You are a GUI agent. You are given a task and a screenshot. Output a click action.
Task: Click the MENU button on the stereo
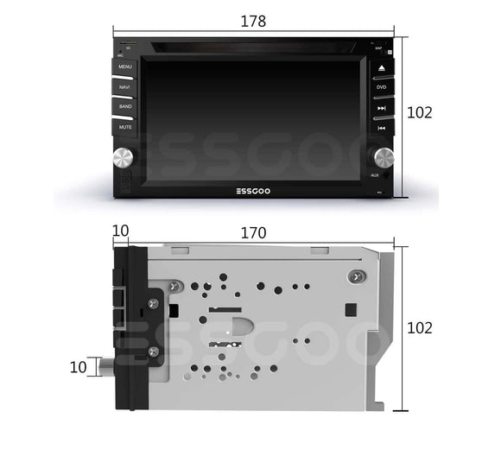click(125, 66)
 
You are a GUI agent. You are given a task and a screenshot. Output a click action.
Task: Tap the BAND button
click(125, 106)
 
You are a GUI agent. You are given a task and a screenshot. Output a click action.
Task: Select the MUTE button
click(125, 127)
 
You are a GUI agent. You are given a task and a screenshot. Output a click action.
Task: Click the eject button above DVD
click(381, 67)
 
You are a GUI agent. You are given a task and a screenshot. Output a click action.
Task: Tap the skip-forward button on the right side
click(381, 108)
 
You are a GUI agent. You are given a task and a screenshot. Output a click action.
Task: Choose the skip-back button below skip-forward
click(381, 128)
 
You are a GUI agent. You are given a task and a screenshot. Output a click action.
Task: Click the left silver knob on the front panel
click(124, 157)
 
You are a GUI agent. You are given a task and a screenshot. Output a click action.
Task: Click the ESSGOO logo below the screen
click(254, 192)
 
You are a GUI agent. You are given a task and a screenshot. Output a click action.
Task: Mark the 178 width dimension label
click(253, 22)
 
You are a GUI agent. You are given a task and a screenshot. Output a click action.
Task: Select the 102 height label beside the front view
click(419, 112)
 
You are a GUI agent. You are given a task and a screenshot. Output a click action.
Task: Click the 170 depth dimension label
click(254, 233)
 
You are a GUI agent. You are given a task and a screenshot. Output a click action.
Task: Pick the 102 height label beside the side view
click(419, 328)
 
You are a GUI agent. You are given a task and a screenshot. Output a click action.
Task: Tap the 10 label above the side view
click(120, 232)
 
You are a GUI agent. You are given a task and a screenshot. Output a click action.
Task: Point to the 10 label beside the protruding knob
click(78, 367)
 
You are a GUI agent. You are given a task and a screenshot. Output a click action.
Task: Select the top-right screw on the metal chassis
click(352, 275)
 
